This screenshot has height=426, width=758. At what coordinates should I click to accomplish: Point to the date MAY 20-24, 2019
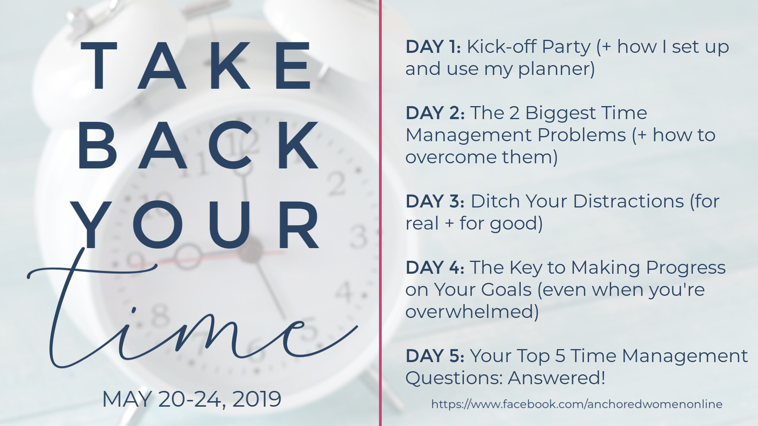(x=192, y=399)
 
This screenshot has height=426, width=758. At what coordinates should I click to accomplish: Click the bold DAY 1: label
(x=433, y=47)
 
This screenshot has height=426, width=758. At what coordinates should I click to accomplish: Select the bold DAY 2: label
(x=435, y=113)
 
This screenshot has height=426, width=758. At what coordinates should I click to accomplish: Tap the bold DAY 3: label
(x=435, y=202)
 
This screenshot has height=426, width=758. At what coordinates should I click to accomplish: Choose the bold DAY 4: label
(x=435, y=268)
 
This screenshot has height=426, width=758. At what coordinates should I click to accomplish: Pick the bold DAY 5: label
(x=435, y=356)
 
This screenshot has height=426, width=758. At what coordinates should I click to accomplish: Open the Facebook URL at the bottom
(x=577, y=404)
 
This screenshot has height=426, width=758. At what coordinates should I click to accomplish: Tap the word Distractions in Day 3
(x=629, y=202)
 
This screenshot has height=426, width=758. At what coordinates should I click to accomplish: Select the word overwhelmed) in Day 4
(x=472, y=312)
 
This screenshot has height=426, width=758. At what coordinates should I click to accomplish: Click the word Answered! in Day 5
(x=557, y=378)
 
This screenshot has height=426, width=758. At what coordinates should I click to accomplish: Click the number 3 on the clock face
(x=358, y=237)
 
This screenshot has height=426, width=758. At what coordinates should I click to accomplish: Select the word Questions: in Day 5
(x=454, y=378)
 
